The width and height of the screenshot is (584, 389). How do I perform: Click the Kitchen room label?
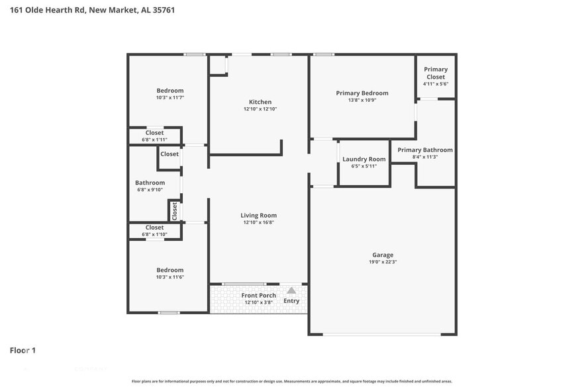(259, 102)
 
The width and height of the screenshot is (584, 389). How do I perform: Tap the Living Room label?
(259, 215)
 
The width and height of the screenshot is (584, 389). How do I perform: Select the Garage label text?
(383, 255)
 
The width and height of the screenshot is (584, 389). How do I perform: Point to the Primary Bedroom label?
(362, 93)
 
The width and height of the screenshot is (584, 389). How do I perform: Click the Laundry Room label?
(364, 159)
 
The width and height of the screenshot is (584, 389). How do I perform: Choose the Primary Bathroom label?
(425, 150)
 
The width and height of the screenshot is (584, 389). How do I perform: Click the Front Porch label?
(259, 295)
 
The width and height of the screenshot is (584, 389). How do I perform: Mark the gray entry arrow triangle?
(291, 290)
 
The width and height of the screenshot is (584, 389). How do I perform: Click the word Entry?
(291, 301)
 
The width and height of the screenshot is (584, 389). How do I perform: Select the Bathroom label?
(150, 183)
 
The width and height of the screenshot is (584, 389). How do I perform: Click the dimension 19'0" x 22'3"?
(383, 263)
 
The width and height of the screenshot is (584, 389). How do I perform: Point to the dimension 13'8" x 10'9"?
(362, 101)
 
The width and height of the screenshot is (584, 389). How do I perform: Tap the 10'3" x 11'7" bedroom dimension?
(170, 98)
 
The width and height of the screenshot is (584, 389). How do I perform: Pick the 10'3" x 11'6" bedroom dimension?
(170, 277)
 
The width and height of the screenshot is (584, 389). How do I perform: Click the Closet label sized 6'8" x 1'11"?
(154, 133)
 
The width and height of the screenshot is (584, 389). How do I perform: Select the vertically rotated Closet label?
(175, 211)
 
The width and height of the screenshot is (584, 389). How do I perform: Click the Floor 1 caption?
(23, 350)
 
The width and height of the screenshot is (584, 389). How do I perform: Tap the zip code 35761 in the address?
(162, 10)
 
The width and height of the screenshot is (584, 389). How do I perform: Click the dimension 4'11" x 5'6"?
(436, 84)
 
